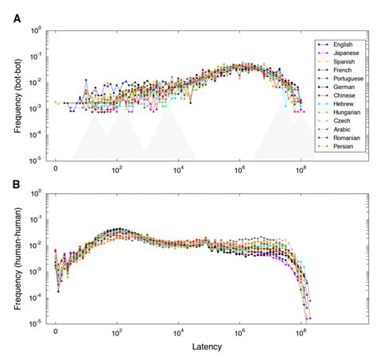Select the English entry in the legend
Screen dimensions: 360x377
click(345, 44)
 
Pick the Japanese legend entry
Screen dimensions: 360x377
click(348, 54)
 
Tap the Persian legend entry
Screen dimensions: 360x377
click(346, 146)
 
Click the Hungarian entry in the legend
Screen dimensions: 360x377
click(349, 115)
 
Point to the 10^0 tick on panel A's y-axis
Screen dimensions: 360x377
click(36, 30)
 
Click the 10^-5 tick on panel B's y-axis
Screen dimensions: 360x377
click(36, 323)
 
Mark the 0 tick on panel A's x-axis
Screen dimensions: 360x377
click(56, 170)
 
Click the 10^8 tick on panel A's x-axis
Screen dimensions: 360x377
click(301, 170)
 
